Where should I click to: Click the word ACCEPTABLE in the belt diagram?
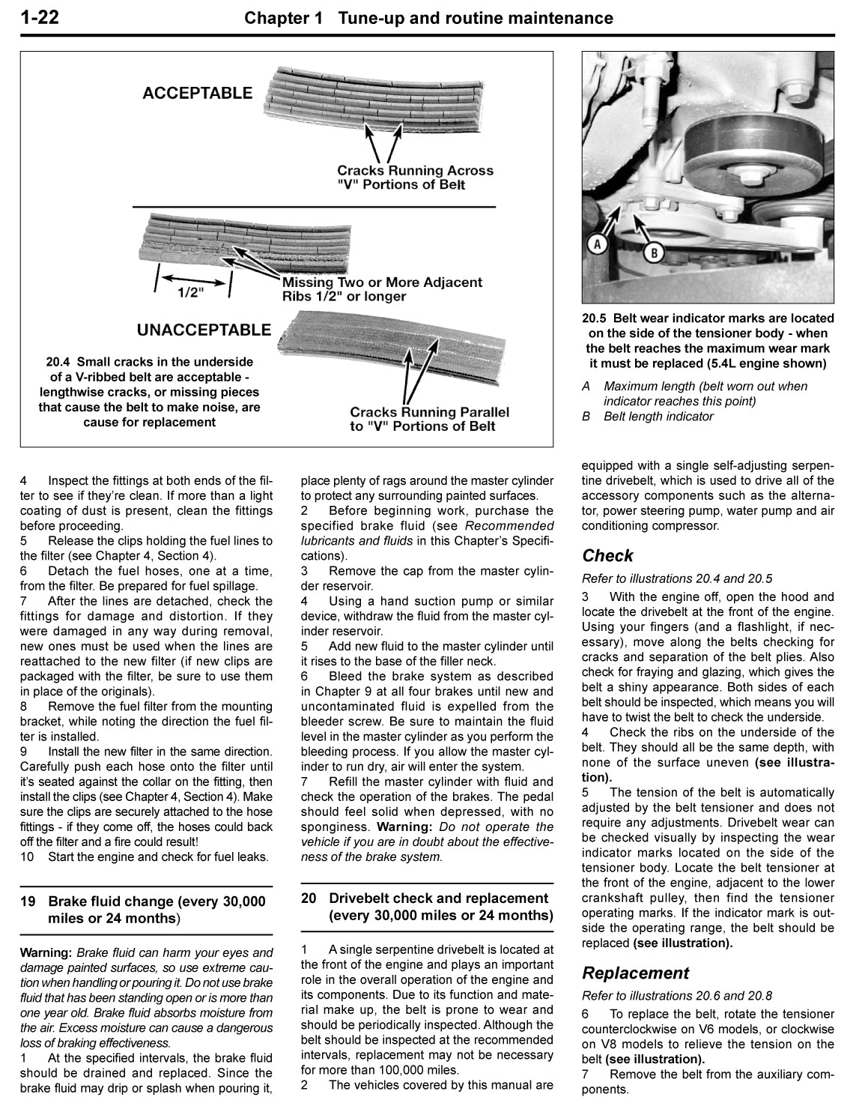198,94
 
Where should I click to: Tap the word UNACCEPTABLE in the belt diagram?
204,330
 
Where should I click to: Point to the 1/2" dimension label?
191,293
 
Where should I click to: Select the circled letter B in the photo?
653,253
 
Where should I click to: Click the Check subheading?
607,556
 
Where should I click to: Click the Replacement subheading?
635,973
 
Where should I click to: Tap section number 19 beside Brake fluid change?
28,901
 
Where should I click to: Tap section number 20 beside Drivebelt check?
309,898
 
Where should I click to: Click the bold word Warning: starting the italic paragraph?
46,953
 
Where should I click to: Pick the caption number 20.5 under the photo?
596,318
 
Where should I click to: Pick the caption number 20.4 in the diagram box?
60,362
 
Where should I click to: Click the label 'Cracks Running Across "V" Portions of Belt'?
415,178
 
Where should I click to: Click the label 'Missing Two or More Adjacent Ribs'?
381,289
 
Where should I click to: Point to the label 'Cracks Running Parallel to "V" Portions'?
429,419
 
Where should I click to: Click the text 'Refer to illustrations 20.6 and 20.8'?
677,996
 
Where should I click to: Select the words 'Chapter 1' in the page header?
284,18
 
